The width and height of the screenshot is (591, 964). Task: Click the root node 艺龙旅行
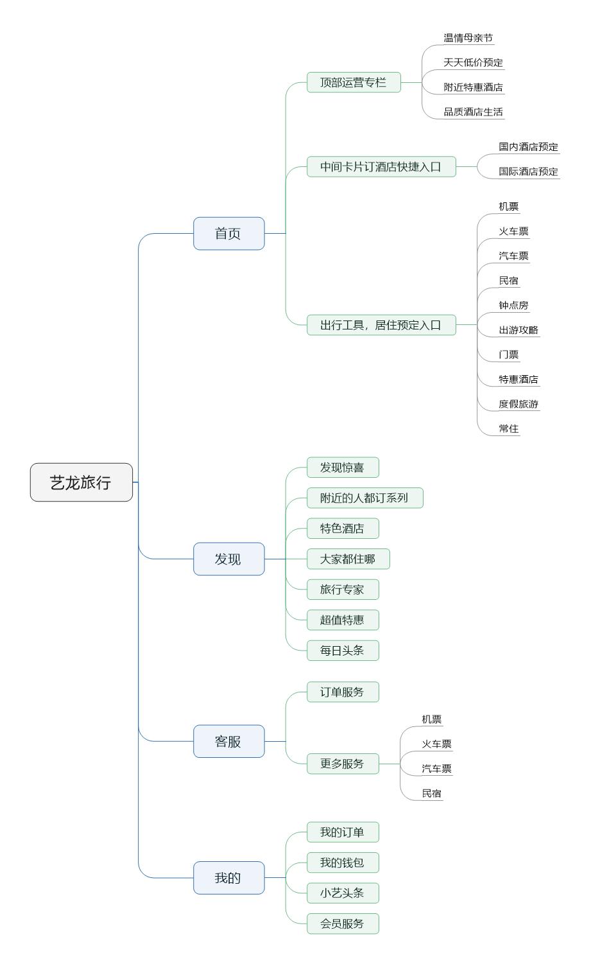[81, 482]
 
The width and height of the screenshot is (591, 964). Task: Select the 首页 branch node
[228, 234]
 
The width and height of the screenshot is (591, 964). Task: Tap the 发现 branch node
[228, 559]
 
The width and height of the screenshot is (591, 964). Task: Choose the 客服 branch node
[228, 741]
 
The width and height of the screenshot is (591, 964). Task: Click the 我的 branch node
[228, 877]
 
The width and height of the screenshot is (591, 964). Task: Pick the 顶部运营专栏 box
[354, 82]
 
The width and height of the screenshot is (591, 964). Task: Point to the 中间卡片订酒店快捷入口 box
[381, 167]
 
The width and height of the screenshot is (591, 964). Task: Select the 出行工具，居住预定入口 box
[381, 325]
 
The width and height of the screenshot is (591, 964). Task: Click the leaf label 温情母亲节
[468, 38]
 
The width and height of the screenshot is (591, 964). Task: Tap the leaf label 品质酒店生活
[474, 112]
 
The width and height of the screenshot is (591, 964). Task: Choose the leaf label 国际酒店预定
[529, 171]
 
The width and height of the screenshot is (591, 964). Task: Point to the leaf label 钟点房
[514, 305]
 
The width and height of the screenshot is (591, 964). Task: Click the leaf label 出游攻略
[518, 330]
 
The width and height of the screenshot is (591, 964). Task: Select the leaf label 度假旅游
[518, 404]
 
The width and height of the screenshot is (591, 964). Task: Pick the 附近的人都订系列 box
[364, 498]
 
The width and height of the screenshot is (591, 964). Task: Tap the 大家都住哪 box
[348, 559]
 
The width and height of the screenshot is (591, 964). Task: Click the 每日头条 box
[343, 651]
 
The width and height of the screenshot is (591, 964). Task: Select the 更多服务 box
[343, 764]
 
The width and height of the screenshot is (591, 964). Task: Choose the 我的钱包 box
[343, 863]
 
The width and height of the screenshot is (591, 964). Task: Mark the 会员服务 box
[343, 924]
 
